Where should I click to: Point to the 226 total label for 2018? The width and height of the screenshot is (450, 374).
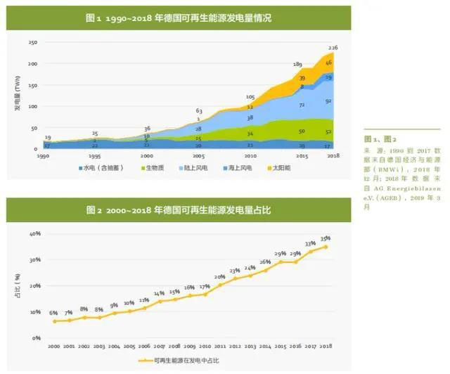[334, 48]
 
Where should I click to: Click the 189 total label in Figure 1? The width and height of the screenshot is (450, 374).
[297, 64]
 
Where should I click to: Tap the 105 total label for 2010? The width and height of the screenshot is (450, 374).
[250, 96]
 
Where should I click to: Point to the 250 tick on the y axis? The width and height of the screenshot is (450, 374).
[32, 43]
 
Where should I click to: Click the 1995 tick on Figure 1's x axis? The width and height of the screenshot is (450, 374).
[94, 156]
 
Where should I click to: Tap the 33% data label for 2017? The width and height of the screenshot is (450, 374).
[310, 243]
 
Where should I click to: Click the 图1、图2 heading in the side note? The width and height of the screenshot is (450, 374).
[380, 140]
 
